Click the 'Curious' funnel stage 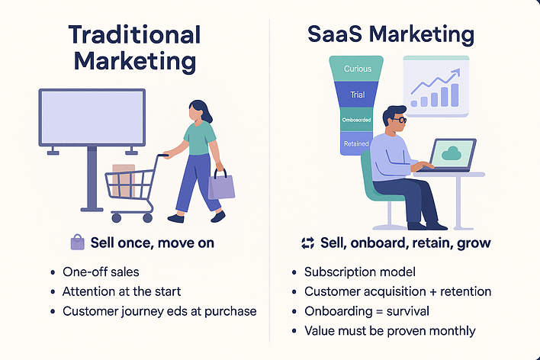tap(356, 69)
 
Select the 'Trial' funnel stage tap(357, 95)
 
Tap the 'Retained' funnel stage tap(356, 143)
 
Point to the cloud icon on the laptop tap(452, 153)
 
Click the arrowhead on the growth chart tap(456, 72)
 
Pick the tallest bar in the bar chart tap(455, 95)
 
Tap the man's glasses tap(399, 121)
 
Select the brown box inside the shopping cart tap(124, 181)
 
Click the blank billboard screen tap(92, 117)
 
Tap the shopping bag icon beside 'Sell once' tap(78, 243)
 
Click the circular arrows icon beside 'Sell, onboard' tap(307, 243)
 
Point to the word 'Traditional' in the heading tap(134, 35)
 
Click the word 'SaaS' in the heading tap(334, 34)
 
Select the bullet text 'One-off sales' tap(101, 272)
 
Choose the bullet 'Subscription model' tap(360, 272)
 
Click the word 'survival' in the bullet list tap(408, 311)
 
